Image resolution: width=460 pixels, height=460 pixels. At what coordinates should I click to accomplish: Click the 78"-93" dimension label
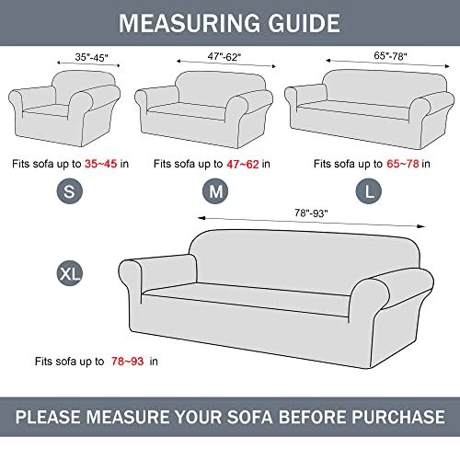point(313,214)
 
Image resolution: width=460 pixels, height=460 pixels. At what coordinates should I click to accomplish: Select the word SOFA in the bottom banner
point(260,416)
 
